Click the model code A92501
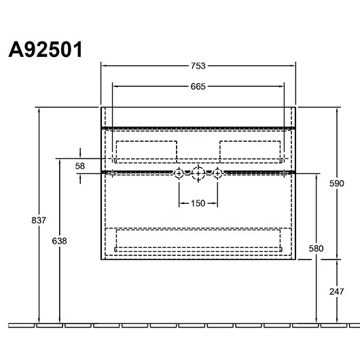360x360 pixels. coord(46,50)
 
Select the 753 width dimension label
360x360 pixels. coord(198,66)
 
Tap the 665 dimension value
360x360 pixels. coord(198,86)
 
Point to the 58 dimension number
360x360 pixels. coord(80,166)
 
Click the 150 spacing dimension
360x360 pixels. coord(198,203)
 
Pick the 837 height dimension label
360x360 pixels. coord(39,220)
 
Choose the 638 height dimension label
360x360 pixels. coord(60,241)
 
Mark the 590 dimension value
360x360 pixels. coord(337,183)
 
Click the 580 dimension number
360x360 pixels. coord(316,249)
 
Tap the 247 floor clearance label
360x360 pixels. coord(337,291)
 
